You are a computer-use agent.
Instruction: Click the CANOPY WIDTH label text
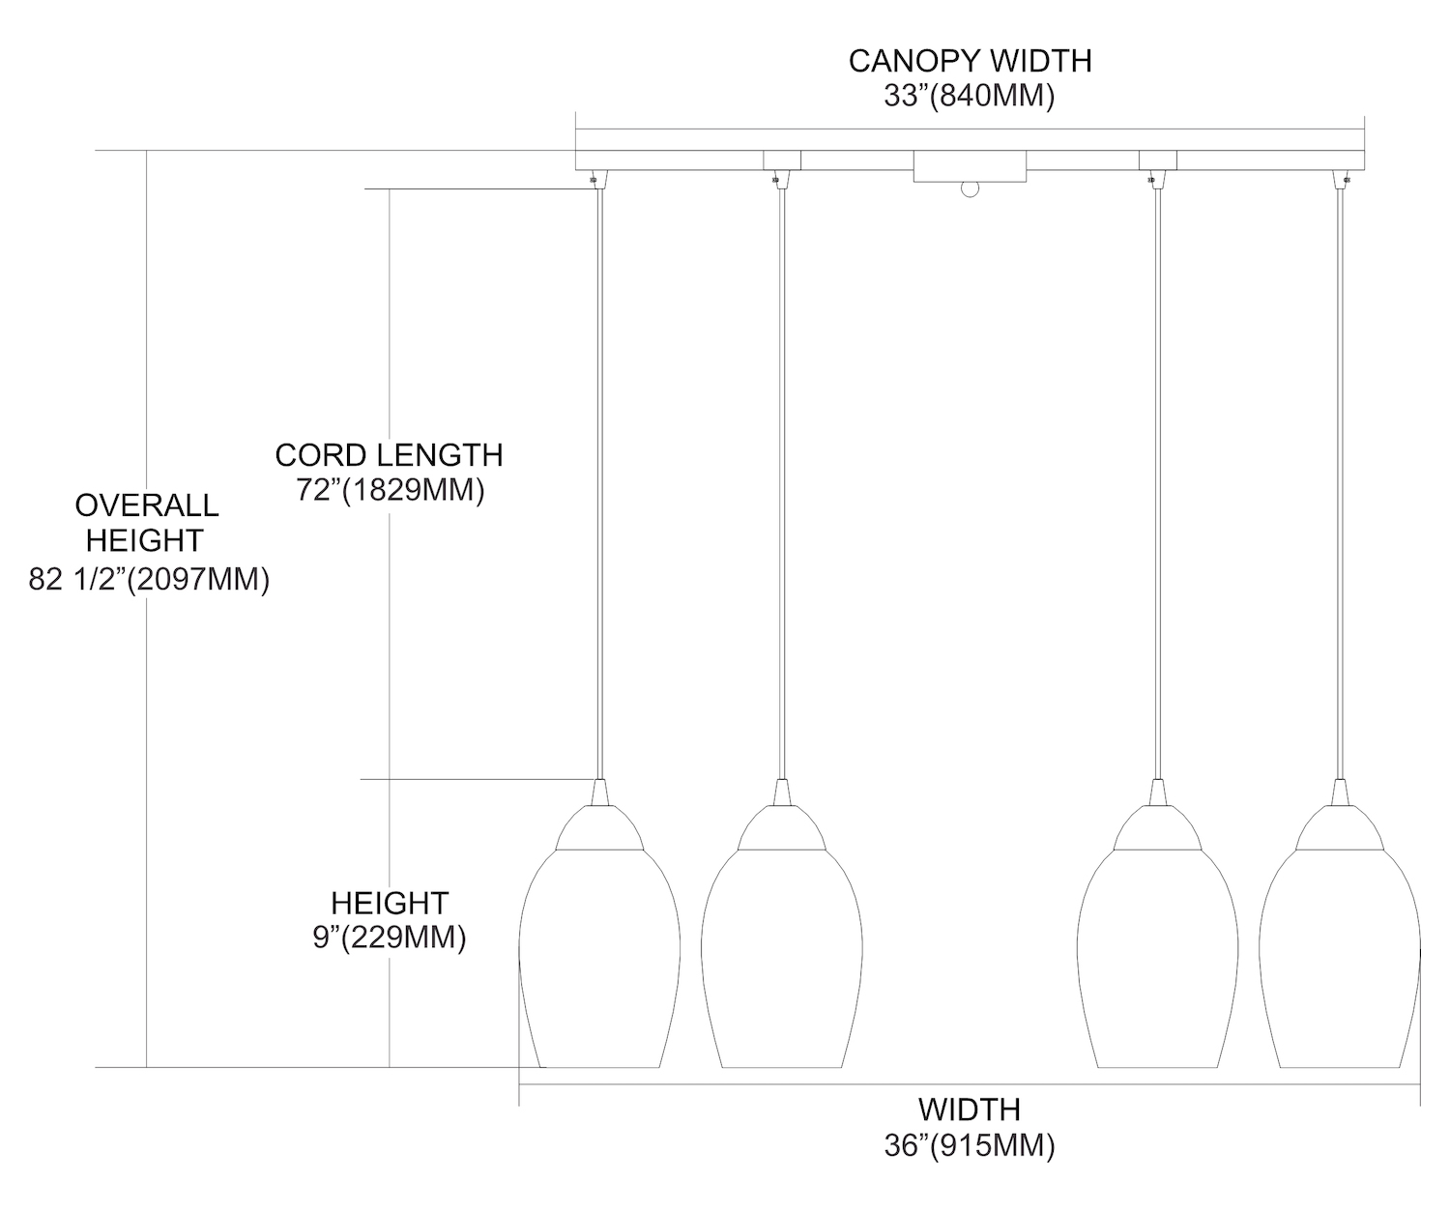click(x=970, y=61)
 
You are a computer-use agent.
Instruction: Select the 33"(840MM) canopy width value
click(x=970, y=97)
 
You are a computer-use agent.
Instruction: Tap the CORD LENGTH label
click(x=389, y=454)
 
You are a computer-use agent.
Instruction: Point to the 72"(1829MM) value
click(x=389, y=490)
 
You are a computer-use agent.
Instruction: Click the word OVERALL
click(x=147, y=505)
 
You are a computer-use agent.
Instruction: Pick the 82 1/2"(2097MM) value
click(x=149, y=580)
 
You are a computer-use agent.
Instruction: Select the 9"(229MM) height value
click(x=390, y=937)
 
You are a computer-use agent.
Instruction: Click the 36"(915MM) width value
click(x=970, y=1145)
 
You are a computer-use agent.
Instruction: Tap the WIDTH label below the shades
click(x=970, y=1109)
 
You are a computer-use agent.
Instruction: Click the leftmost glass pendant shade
click(x=599, y=957)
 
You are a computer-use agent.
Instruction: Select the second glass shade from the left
click(x=781, y=957)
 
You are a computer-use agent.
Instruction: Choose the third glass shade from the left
click(x=1158, y=957)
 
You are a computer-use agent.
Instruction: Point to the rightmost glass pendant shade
click(x=1340, y=957)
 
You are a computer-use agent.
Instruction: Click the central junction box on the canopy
click(x=970, y=166)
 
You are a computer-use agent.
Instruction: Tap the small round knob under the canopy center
click(x=970, y=189)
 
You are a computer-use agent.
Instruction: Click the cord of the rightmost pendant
click(x=1340, y=483)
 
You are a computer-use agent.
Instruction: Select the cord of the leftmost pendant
click(x=599, y=483)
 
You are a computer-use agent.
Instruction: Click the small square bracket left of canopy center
click(x=782, y=159)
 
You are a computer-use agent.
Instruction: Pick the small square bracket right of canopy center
click(x=1158, y=159)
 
